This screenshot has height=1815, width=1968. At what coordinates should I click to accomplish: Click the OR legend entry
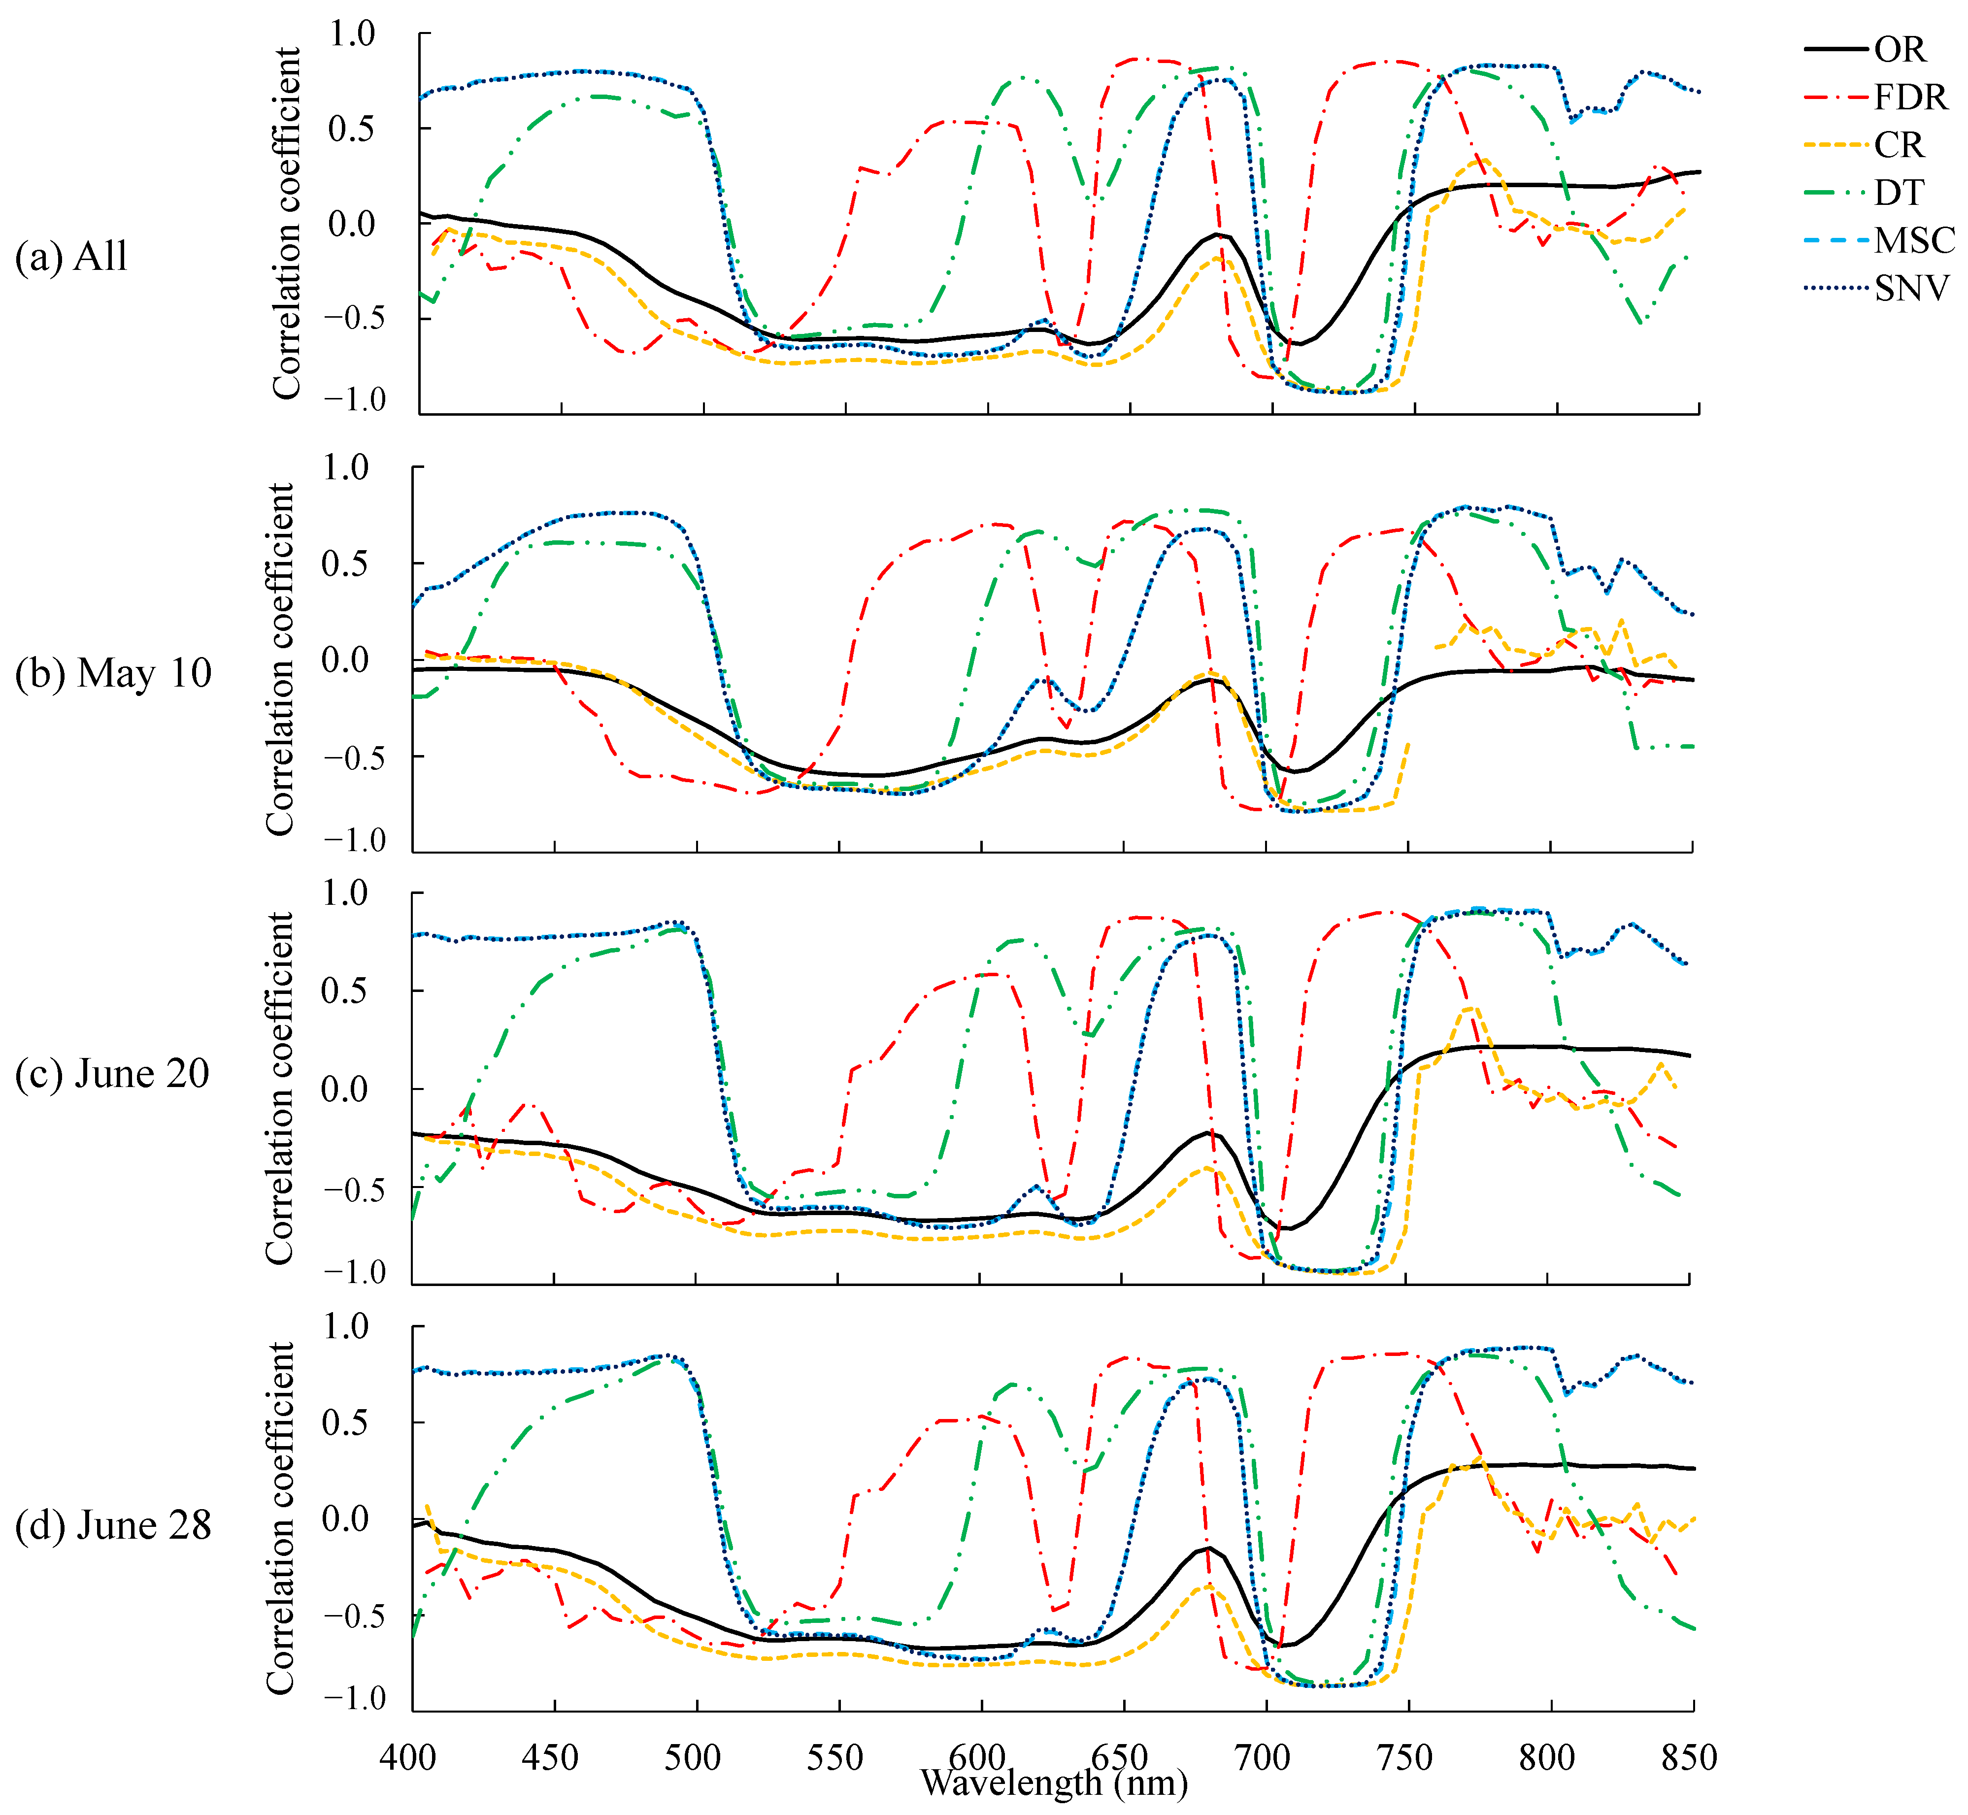pyautogui.click(x=1898, y=49)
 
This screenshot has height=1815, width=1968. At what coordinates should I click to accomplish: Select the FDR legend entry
pyautogui.click(x=1909, y=97)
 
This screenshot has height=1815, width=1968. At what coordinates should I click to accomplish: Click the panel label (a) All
pyautogui.click(x=72, y=256)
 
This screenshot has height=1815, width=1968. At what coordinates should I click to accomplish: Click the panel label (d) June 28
pyautogui.click(x=113, y=1525)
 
